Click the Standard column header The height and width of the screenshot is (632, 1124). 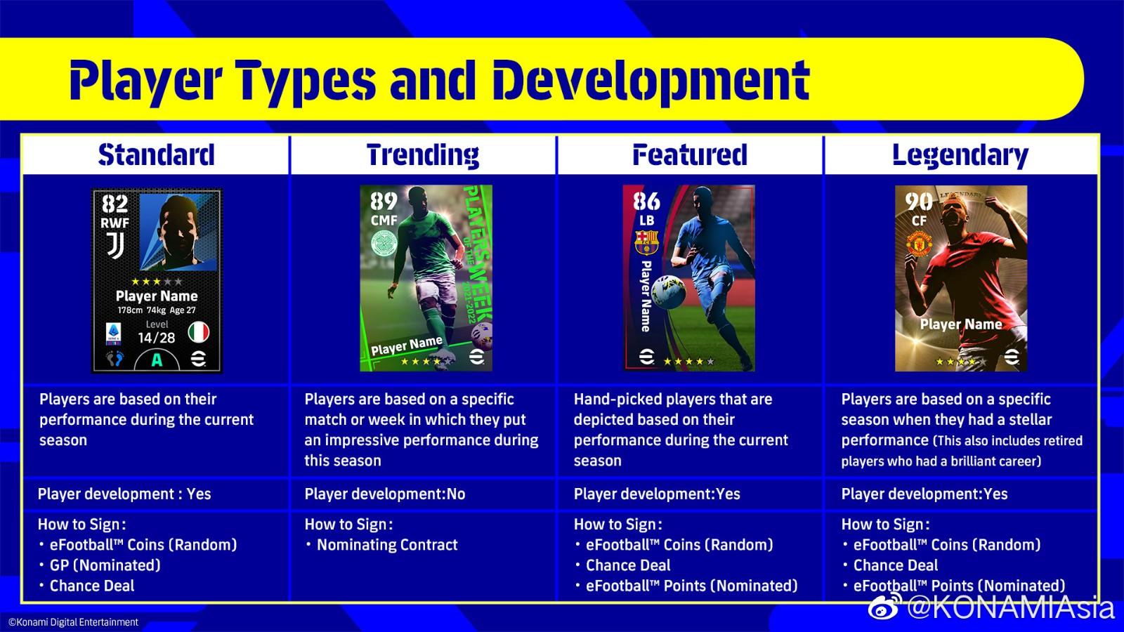[156, 154]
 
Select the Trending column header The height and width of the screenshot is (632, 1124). [422, 155]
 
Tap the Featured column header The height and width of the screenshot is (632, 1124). [689, 154]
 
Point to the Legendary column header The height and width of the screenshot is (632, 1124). [960, 155]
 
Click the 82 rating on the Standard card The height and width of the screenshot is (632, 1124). [115, 204]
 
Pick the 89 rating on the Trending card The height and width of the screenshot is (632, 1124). [384, 202]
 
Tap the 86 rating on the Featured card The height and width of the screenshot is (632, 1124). [646, 202]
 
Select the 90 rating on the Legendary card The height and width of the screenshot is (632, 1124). [919, 202]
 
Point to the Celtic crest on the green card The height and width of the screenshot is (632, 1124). [384, 244]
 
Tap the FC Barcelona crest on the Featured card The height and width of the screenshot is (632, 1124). [647, 243]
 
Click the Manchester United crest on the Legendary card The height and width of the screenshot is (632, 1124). [920, 245]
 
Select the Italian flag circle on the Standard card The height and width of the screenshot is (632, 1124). [199, 332]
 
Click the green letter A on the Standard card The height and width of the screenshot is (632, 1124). [157, 360]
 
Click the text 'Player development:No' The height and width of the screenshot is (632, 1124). [385, 494]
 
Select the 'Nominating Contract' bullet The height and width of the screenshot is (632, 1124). [382, 545]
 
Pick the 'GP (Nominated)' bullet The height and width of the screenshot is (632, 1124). [99, 565]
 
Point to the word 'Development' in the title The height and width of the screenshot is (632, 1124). [651, 80]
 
